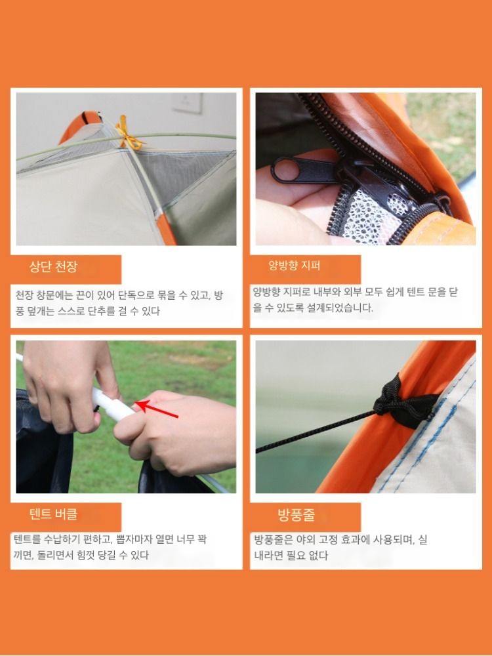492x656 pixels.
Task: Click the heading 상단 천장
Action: [x=53, y=266]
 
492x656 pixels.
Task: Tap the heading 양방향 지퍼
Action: [x=294, y=265]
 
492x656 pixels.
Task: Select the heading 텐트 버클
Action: [x=53, y=514]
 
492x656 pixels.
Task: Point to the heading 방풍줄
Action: [x=297, y=515]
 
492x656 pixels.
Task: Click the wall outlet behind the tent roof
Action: [x=188, y=103]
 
